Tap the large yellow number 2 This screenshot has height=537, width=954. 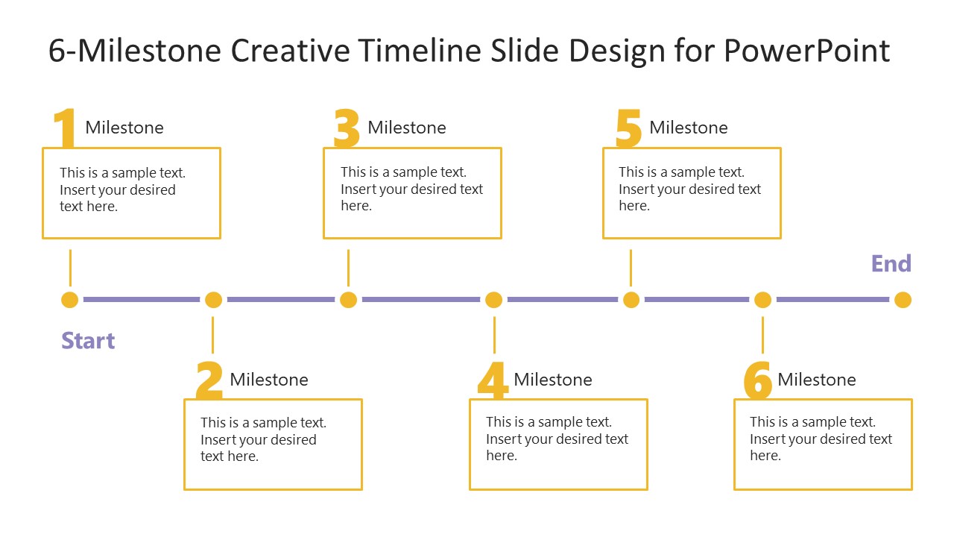[209, 380]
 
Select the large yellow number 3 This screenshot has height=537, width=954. [347, 128]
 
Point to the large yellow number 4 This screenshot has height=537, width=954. [493, 380]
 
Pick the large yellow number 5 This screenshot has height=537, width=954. [629, 128]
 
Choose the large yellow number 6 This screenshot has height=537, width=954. [758, 380]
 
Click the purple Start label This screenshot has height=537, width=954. [88, 341]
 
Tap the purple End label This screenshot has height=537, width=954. [891, 264]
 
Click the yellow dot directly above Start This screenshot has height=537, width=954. [69, 300]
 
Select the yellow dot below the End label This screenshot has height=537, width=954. [903, 300]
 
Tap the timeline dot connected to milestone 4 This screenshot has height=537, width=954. [493, 300]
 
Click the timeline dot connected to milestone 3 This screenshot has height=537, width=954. [348, 300]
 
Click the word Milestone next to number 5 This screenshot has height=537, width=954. [689, 128]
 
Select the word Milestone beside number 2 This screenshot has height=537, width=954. [269, 380]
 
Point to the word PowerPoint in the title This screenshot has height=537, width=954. [807, 51]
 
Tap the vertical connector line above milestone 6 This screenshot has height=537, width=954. [762, 334]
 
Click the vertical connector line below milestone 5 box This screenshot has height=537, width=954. [631, 267]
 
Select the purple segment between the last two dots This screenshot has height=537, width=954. [833, 300]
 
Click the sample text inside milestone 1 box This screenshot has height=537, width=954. [122, 189]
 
